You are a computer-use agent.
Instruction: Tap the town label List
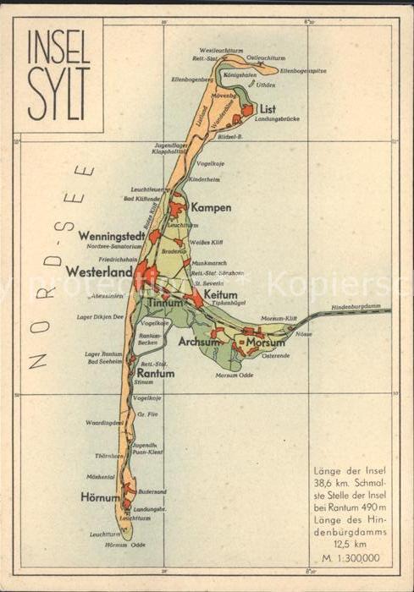pyautogui.click(x=268, y=109)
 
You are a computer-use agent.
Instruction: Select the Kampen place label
pyautogui.click(x=211, y=207)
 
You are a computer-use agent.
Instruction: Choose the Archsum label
pyautogui.click(x=199, y=343)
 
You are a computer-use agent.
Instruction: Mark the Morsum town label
pyautogui.click(x=265, y=342)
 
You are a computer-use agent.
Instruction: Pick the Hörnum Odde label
pyautogui.click(x=121, y=545)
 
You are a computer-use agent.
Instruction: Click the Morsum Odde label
pyautogui.click(x=234, y=375)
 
